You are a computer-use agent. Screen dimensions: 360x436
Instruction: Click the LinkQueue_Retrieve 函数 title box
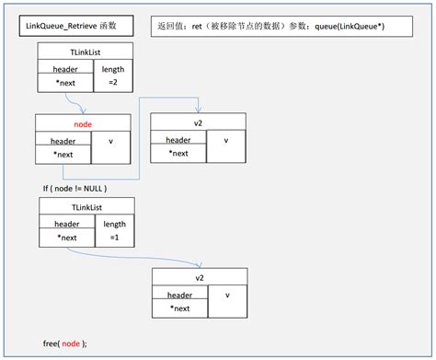coord(78,23)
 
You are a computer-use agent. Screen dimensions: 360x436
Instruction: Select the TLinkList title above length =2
coord(85,53)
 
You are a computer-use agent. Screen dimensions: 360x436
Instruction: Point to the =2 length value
coord(113,83)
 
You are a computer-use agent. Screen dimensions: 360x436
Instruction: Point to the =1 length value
coord(114,238)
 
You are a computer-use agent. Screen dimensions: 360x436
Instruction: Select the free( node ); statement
coord(64,343)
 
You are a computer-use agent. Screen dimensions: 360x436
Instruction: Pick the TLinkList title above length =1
coord(85,207)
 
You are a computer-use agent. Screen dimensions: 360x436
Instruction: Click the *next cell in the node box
coord(63,154)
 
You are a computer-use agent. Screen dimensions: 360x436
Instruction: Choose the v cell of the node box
coord(111,143)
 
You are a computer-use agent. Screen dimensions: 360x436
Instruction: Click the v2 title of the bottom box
coord(199,276)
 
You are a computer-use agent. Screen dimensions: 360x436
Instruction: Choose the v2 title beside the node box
coord(198,122)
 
